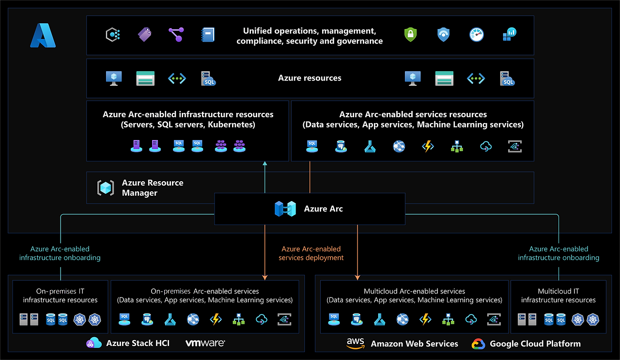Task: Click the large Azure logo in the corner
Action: pyautogui.click(x=43, y=36)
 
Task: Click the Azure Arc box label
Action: pyautogui.click(x=323, y=209)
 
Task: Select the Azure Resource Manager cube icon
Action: pyautogui.click(x=106, y=188)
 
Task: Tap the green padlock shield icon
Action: pyautogui.click(x=410, y=34)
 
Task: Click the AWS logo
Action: pyautogui.click(x=356, y=343)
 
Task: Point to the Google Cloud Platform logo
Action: pyautogui.click(x=479, y=344)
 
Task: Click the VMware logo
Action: pyautogui.click(x=205, y=343)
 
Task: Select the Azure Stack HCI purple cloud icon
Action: pyautogui.click(x=93, y=343)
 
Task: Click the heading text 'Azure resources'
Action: pyautogui.click(x=310, y=78)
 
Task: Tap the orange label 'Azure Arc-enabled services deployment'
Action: pyautogui.click(x=311, y=253)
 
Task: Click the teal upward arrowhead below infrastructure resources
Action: pyautogui.click(x=265, y=164)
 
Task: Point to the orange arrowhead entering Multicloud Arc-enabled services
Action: pyautogui.click(x=357, y=277)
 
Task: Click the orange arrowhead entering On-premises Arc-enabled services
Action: pyautogui.click(x=265, y=277)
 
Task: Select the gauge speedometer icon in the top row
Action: pyautogui.click(x=477, y=34)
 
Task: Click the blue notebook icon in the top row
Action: pyautogui.click(x=208, y=34)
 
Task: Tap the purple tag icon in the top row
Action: pyautogui.click(x=144, y=34)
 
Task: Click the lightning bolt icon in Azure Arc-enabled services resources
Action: pyautogui.click(x=428, y=146)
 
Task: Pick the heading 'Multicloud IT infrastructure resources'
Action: pyautogui.click(x=558, y=296)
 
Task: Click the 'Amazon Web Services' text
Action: pyautogui.click(x=414, y=344)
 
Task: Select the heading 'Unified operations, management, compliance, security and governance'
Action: pyautogui.click(x=310, y=36)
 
